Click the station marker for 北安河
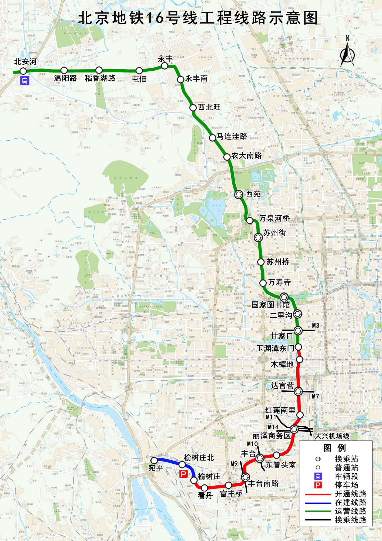(23, 71)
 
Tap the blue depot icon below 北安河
(25, 81)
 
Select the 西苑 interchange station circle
(239, 194)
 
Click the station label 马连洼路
(232, 137)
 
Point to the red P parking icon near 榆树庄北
(183, 474)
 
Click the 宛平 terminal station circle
(154, 460)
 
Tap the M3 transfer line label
(316, 326)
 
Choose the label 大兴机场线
(332, 436)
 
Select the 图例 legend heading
(335, 448)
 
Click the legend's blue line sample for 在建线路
(318, 503)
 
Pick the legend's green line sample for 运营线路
(318, 512)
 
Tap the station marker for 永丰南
(180, 80)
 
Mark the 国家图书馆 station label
(270, 305)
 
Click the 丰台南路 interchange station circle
(246, 477)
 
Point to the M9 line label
(234, 464)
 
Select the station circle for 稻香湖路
(99, 70)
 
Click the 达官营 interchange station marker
(298, 391)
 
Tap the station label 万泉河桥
(274, 218)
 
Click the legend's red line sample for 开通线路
(318, 494)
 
